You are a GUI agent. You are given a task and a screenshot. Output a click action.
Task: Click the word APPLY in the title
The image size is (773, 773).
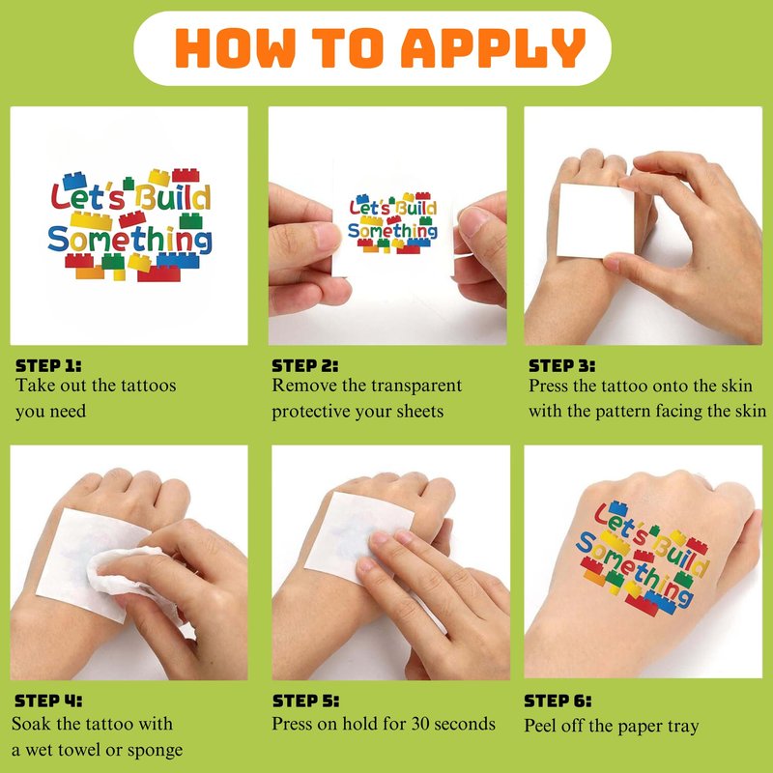pos(493,47)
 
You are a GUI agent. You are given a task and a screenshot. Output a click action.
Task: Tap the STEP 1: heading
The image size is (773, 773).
pos(48,366)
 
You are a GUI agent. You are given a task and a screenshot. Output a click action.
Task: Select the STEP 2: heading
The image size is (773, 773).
pos(305,366)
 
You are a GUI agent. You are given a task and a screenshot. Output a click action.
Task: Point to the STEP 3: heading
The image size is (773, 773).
pos(561,366)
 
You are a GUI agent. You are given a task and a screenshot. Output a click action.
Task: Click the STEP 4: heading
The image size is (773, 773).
pos(48,701)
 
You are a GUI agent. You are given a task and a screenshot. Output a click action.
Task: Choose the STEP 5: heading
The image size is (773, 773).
pos(305,701)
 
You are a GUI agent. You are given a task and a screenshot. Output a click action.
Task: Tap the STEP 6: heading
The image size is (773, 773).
pos(558,701)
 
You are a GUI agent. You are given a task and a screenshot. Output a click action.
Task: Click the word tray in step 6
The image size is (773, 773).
pos(683,728)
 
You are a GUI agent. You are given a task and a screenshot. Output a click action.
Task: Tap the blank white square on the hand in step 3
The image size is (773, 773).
pos(595,221)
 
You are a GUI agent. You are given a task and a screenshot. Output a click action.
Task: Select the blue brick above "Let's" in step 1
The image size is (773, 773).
pos(75,181)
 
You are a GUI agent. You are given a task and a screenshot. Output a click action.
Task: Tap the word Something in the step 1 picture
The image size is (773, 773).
pos(129,240)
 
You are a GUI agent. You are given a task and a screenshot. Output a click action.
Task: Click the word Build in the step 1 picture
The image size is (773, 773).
pos(173,197)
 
